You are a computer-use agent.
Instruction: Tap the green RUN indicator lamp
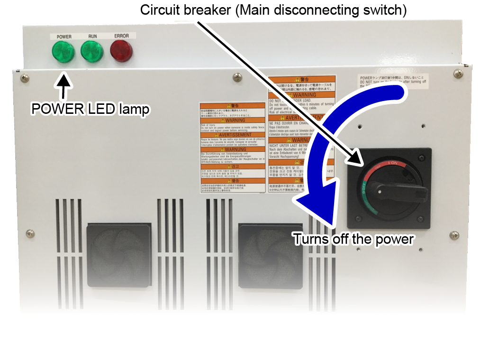91,51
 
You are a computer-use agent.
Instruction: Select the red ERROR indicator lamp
121,51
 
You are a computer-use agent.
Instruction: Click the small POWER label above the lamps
64,37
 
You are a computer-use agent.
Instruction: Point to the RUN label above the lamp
92,36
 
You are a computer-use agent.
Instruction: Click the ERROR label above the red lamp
121,36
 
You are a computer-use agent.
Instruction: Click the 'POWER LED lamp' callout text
91,109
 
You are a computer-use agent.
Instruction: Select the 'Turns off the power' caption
353,239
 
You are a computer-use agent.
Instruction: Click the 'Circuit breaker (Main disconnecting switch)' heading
273,9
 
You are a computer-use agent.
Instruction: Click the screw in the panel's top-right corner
458,74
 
